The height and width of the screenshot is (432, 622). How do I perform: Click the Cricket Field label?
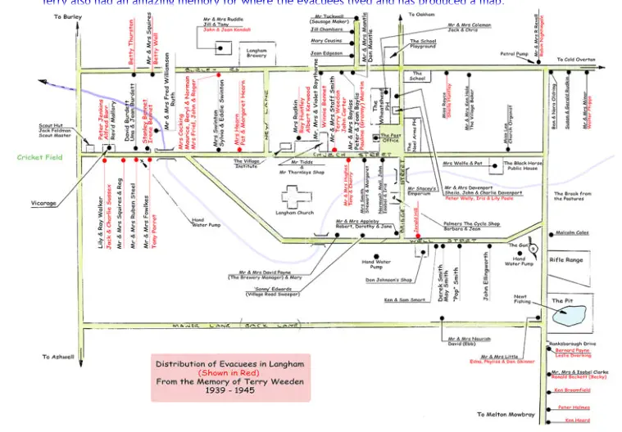point(39,157)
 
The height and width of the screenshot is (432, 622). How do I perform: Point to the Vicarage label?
point(44,203)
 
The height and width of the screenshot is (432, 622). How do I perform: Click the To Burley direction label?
point(68,16)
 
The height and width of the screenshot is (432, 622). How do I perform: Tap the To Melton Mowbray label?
point(505,415)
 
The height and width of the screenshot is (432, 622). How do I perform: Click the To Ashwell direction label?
point(57,357)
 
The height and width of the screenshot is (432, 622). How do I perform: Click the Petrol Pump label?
point(514,54)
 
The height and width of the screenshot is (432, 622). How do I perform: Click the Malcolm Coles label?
point(572,232)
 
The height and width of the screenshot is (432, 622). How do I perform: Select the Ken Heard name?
point(577,421)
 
